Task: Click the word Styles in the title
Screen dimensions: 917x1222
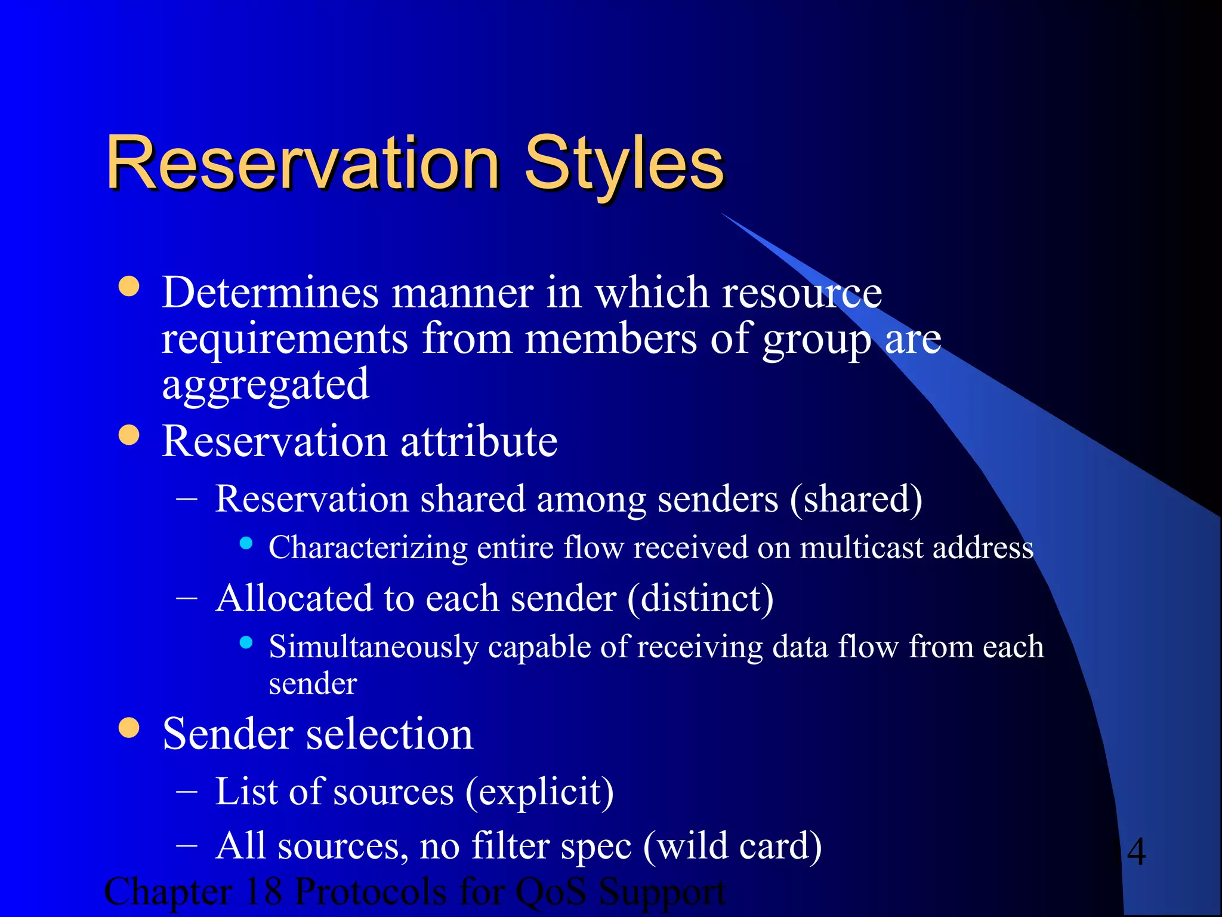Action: (x=624, y=163)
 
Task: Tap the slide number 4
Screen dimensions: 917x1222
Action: (x=1136, y=852)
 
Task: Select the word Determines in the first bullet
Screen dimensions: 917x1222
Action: (x=270, y=293)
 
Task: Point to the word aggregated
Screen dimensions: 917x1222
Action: (x=266, y=385)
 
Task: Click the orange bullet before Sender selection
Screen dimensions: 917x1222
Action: (x=129, y=727)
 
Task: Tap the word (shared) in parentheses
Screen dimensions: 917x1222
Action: (x=856, y=499)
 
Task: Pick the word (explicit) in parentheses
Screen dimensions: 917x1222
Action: (x=539, y=792)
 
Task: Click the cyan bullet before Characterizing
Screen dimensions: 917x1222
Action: (x=246, y=543)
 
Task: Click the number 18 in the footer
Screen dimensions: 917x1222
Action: (x=263, y=892)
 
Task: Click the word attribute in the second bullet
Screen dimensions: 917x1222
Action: (x=479, y=442)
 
